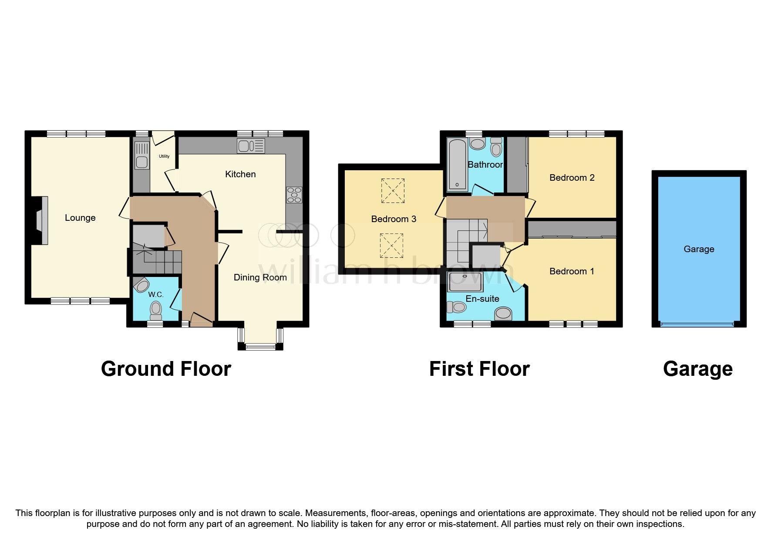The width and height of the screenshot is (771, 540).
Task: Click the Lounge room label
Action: pos(80,218)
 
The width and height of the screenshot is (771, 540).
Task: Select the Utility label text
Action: pos(164,156)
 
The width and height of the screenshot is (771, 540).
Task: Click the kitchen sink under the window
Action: pos(251,146)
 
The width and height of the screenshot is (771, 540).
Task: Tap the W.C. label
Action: pos(155,295)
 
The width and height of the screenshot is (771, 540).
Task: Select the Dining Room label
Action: pos(260,277)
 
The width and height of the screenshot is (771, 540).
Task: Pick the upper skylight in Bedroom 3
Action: pos(393,191)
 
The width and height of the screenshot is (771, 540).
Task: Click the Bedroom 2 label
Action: pos(572,178)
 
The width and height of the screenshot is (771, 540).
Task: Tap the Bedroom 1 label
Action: pos(572,271)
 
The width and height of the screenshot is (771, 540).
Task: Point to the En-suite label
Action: pos(482,299)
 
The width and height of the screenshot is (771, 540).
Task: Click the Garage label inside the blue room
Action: pos(699,249)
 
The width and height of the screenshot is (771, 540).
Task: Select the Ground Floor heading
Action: pos(166,369)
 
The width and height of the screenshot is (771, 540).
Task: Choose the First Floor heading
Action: pos(479,369)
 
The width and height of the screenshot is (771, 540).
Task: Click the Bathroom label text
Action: pos(485,165)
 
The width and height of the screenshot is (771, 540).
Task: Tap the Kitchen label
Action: pos(240,174)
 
